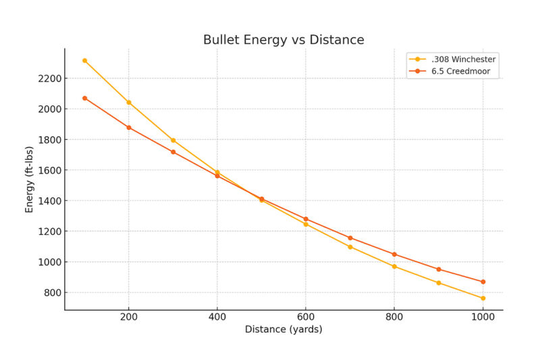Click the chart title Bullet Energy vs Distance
283,40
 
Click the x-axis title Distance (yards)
283,330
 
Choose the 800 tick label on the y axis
52,292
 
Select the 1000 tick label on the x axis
483,317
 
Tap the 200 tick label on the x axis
128,317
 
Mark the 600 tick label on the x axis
306,317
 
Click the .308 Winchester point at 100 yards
84,60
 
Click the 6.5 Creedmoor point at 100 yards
84,98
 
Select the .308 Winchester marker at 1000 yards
483,298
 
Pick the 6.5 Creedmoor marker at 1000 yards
483,282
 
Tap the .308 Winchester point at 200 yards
129,102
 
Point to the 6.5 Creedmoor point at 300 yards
173,152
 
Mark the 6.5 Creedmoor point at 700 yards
350,238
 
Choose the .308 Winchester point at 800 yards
394,266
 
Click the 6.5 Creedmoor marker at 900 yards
439,269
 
